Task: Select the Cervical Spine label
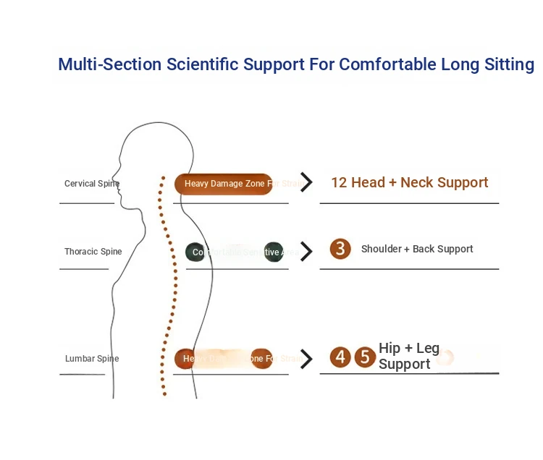tap(91, 184)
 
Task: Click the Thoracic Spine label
tap(93, 252)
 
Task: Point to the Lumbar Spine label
tap(92, 359)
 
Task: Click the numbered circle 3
tap(340, 249)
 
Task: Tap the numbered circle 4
tap(340, 357)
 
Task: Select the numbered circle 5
tap(365, 357)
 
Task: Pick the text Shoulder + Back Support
tap(417, 249)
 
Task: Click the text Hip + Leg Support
tap(408, 357)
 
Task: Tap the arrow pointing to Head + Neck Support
tap(307, 182)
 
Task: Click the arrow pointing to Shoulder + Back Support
tap(307, 251)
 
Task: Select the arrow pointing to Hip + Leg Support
tap(307, 359)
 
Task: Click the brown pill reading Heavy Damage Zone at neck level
tap(224, 184)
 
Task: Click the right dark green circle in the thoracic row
tap(274, 252)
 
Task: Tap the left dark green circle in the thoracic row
tap(195, 252)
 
